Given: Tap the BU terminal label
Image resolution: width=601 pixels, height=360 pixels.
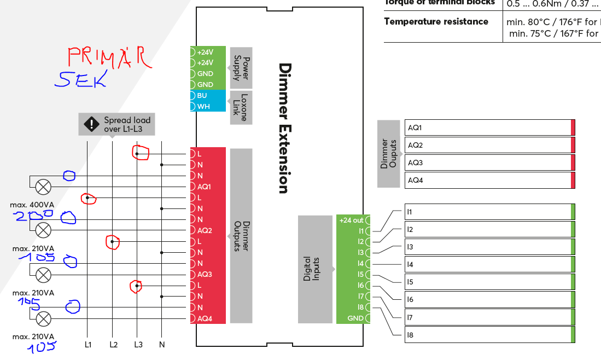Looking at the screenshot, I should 202,95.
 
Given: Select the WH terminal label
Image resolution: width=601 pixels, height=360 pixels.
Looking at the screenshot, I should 203,106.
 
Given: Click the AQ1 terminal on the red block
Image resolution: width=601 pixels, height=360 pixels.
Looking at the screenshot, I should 204,187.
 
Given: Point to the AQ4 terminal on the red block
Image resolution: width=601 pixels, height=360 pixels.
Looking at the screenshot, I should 204,318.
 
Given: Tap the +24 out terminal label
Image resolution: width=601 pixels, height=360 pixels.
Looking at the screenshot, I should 351,220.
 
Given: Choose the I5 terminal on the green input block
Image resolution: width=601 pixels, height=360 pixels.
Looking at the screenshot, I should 360,275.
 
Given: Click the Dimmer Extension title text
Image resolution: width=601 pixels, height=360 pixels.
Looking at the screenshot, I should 283,128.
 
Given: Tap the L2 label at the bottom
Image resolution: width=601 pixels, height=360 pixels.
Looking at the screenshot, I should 113,345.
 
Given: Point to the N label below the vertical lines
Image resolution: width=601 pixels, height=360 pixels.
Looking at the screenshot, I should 162,345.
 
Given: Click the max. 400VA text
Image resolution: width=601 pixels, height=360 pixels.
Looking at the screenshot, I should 32,205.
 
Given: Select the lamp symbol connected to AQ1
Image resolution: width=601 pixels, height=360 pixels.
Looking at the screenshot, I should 43,187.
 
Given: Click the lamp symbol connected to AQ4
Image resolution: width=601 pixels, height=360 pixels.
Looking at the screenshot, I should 43,318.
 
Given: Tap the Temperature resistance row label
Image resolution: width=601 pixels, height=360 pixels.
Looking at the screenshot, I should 436,22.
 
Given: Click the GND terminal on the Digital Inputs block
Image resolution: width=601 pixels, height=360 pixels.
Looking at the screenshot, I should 355,318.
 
